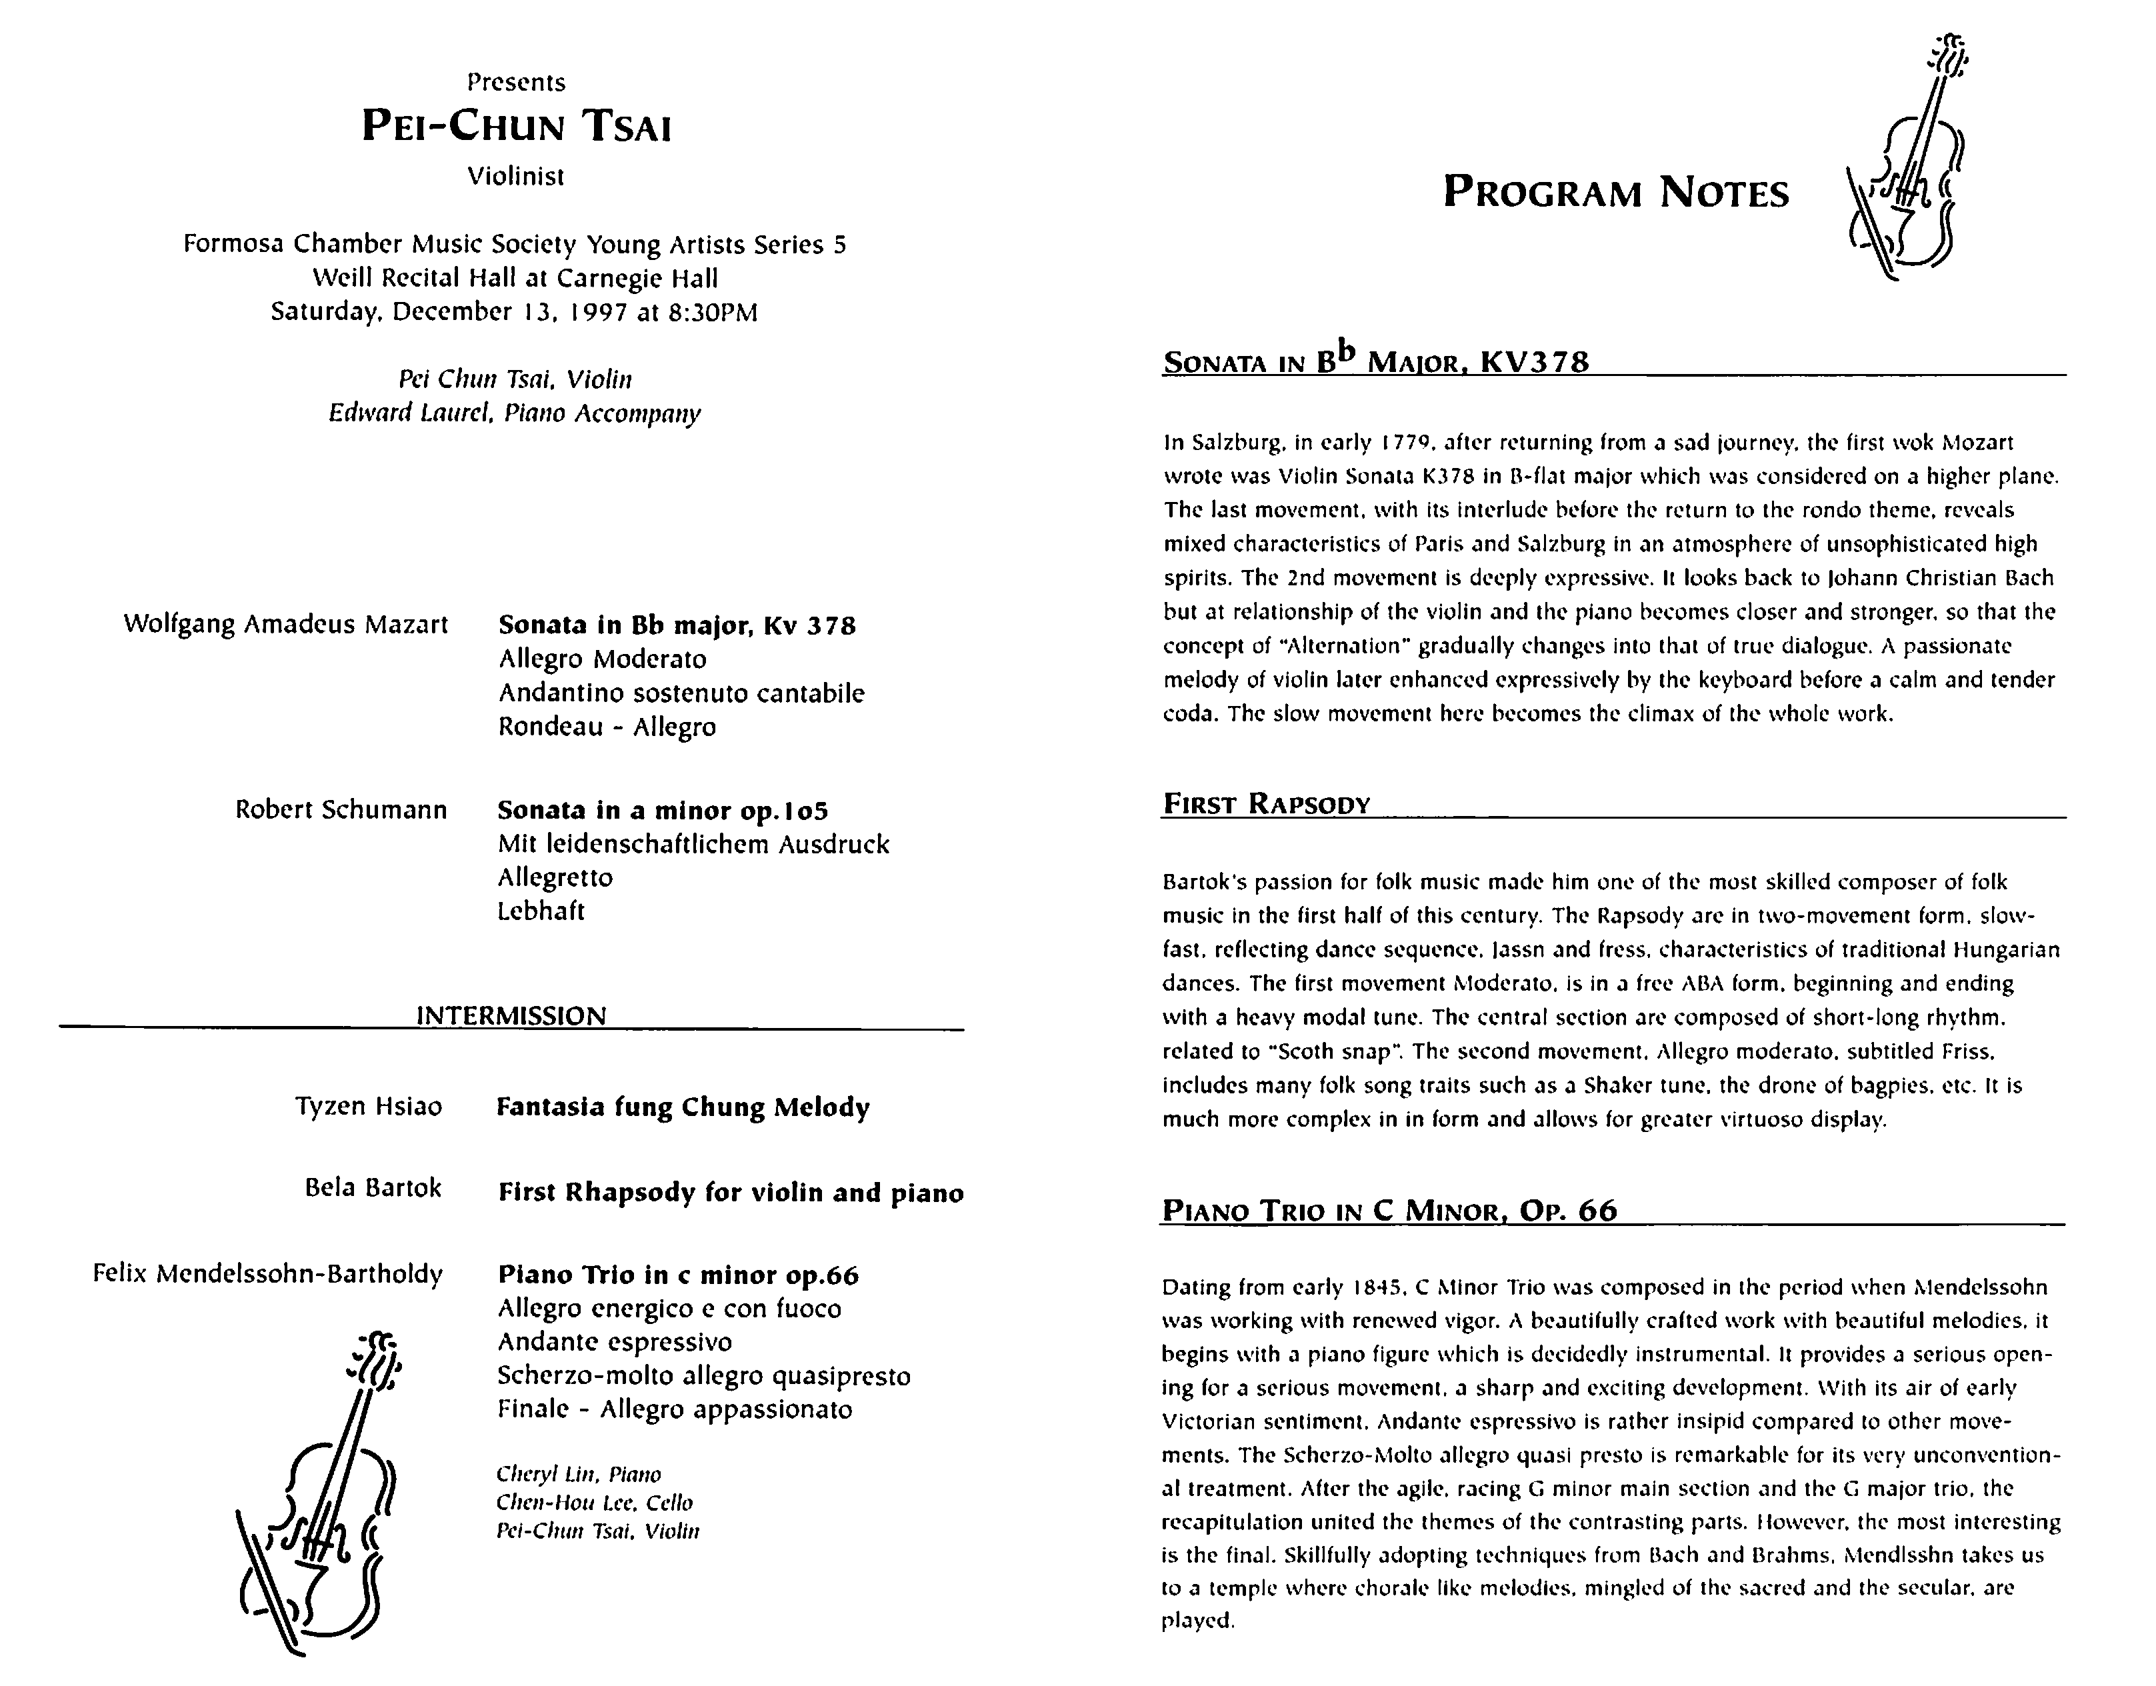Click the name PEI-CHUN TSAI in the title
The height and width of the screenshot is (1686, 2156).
(x=515, y=127)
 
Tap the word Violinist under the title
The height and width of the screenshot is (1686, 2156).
(x=515, y=177)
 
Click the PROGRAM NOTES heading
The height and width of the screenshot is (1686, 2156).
(x=1615, y=193)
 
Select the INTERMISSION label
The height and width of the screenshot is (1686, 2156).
(x=511, y=1016)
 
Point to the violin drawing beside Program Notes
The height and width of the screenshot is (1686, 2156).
(x=1902, y=158)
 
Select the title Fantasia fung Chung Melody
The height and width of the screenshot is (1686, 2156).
(x=682, y=1107)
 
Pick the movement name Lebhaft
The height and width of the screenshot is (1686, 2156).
(x=541, y=911)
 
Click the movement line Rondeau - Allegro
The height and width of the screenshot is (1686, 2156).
(x=607, y=727)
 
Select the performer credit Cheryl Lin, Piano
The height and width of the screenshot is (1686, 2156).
(x=579, y=1475)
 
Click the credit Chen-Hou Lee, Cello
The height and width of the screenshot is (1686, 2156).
(x=594, y=1503)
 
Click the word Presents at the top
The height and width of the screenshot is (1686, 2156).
(x=516, y=82)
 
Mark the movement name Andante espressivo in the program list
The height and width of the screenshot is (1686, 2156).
(x=614, y=1343)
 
